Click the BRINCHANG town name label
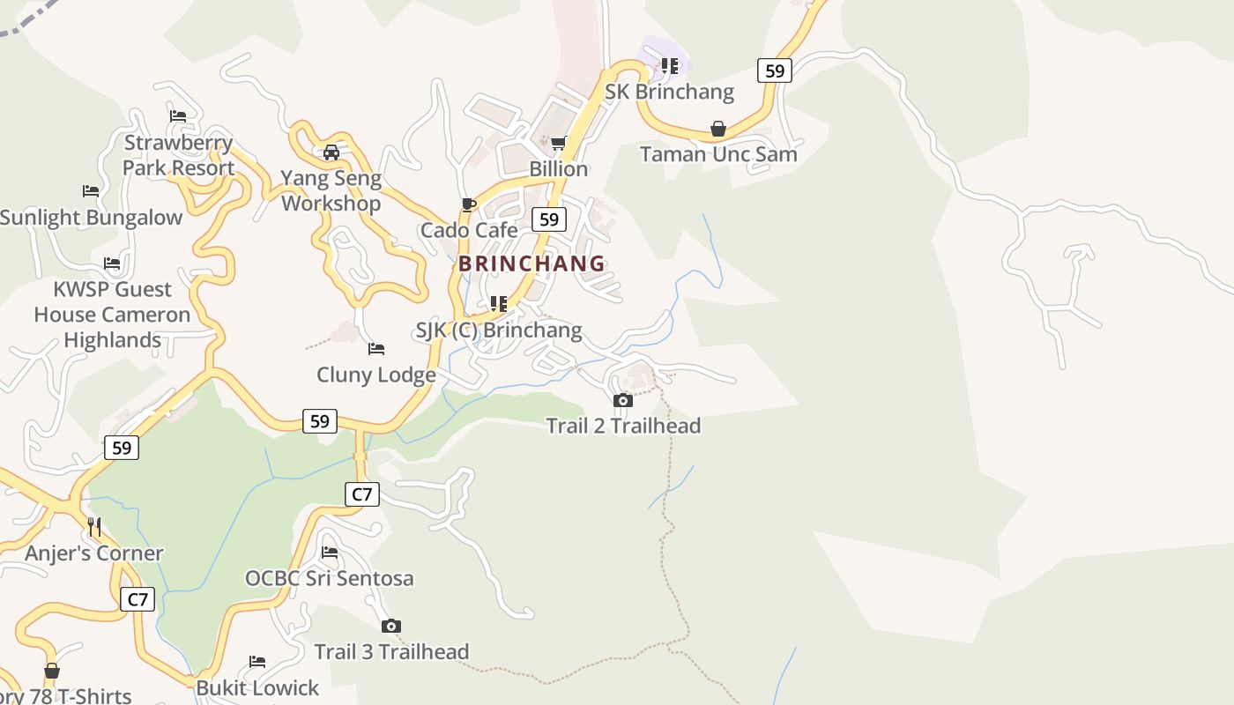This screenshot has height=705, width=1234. (x=532, y=263)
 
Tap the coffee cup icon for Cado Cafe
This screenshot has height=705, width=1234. (x=469, y=205)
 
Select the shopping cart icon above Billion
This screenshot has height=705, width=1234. (x=558, y=144)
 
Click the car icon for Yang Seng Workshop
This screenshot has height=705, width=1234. (x=331, y=152)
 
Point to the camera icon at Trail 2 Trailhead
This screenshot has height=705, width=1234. (x=623, y=401)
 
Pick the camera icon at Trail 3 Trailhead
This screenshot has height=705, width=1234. (x=391, y=627)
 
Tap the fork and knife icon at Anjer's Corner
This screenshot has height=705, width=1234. (x=94, y=527)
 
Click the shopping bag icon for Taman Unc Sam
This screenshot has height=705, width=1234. (x=718, y=130)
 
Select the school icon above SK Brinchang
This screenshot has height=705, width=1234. (x=670, y=66)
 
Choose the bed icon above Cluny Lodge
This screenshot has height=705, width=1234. (x=376, y=349)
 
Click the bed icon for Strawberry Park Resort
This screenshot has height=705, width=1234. (x=178, y=115)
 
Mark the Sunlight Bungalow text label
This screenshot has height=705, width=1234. (x=91, y=218)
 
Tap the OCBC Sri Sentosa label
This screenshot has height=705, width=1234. (x=329, y=579)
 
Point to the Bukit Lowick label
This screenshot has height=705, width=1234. (x=257, y=688)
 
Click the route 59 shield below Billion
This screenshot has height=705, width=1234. (x=549, y=219)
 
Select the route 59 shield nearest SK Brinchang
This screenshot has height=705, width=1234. (x=774, y=70)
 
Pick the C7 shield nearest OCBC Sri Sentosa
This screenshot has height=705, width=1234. (x=361, y=494)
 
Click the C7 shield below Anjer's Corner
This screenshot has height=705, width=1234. (x=138, y=600)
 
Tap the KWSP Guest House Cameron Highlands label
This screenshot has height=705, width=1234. (x=112, y=315)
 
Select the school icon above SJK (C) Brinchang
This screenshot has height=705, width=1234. (x=499, y=304)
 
